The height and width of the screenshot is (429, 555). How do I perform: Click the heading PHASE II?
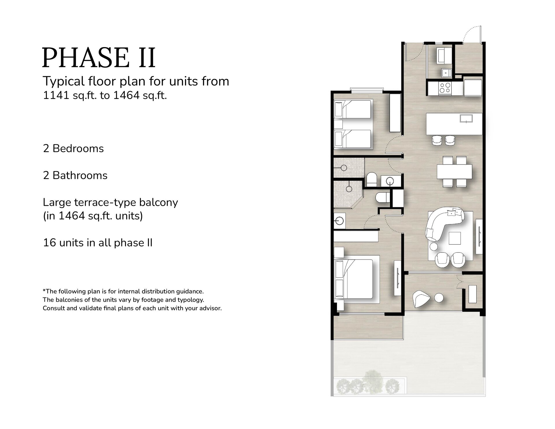coord(99,58)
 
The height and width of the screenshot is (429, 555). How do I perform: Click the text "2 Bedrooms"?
coord(73,149)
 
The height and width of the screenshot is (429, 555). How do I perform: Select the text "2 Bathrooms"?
coord(75,175)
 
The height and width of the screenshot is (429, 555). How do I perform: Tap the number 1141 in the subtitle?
coord(56,95)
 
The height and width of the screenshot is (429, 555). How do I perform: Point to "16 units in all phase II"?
coord(98,243)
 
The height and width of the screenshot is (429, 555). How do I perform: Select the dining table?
coord(454,171)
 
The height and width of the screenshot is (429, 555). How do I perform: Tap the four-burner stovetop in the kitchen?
coord(445,87)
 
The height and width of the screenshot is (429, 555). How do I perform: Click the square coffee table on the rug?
coord(455,238)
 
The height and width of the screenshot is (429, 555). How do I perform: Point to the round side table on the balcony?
coord(439,298)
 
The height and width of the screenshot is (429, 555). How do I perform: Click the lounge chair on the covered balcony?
coord(420,299)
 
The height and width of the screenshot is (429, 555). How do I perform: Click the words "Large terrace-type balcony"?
coord(110,203)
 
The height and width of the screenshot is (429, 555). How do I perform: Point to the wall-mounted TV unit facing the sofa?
coord(479,236)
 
